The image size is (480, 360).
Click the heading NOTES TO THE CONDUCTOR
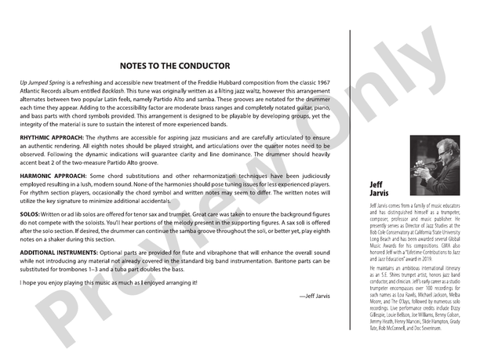[x=175, y=66]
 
